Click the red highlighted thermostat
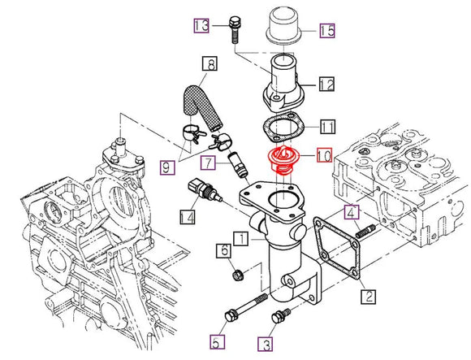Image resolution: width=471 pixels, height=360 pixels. click(285, 159)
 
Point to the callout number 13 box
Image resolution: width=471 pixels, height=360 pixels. click(201, 26)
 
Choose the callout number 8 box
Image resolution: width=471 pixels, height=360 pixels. click(209, 63)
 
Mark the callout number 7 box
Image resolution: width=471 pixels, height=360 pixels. click(209, 163)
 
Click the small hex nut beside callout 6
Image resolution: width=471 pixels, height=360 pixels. click(237, 275)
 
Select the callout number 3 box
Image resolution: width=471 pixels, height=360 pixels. click(266, 344)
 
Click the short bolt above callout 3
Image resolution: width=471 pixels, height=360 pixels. click(282, 314)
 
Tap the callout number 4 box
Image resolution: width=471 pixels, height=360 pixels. click(350, 214)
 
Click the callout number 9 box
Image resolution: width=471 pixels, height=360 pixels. click(166, 168)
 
